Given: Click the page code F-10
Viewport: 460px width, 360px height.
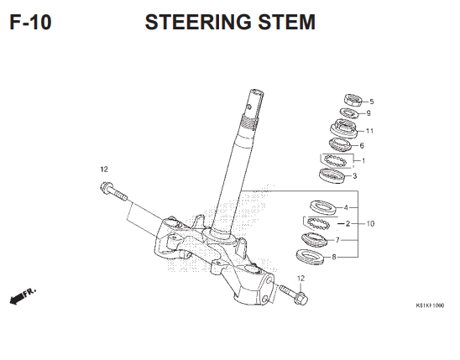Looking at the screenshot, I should click(x=30, y=23).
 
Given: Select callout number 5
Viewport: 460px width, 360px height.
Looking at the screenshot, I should click(x=371, y=102).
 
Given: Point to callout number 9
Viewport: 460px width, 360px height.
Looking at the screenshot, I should click(x=368, y=113).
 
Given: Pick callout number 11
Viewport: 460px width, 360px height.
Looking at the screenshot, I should click(x=369, y=131).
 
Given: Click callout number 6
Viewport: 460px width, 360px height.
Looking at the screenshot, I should click(x=362, y=145).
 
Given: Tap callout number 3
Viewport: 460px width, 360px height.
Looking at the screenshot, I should click(x=354, y=176).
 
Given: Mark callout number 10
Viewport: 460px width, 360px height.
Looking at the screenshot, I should click(x=370, y=224).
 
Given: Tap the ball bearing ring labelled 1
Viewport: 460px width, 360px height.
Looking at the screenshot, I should click(x=336, y=159).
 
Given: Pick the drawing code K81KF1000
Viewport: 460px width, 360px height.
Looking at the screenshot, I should click(x=429, y=307).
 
